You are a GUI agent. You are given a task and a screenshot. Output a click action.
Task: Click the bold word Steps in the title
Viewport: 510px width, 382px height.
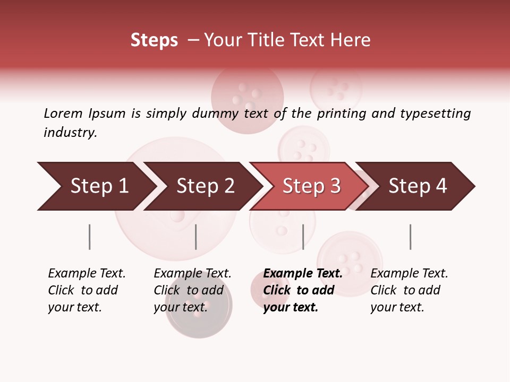(x=154, y=40)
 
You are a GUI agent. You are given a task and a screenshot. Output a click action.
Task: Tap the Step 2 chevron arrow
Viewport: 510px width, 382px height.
(x=205, y=186)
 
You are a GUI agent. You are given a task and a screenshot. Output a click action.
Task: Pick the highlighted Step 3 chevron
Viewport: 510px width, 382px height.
(x=311, y=186)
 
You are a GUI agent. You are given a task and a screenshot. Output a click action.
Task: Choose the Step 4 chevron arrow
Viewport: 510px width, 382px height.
(x=418, y=186)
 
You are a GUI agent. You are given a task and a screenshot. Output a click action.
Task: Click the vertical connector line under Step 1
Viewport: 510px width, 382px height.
(x=89, y=237)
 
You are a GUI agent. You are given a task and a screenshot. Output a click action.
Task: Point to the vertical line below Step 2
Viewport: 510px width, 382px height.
(x=196, y=237)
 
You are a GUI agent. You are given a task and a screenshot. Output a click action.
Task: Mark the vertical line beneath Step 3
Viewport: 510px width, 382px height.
(x=303, y=237)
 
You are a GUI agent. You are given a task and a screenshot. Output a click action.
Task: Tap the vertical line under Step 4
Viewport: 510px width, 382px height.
(x=410, y=237)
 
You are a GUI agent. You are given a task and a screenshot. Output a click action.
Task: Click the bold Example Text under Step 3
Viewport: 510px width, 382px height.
(x=303, y=274)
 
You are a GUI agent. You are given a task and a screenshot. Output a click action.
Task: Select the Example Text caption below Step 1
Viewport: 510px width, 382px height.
(x=87, y=274)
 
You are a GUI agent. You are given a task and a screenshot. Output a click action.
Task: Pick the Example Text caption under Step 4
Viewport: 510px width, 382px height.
(x=409, y=274)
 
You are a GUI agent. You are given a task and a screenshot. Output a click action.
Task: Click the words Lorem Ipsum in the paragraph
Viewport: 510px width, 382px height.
(x=84, y=113)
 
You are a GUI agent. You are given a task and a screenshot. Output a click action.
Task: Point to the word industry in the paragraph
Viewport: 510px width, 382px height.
(x=70, y=133)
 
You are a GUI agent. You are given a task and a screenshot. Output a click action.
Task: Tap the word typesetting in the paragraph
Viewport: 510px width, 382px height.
(x=435, y=114)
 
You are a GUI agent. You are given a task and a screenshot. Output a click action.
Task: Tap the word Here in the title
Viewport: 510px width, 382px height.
(x=351, y=40)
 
